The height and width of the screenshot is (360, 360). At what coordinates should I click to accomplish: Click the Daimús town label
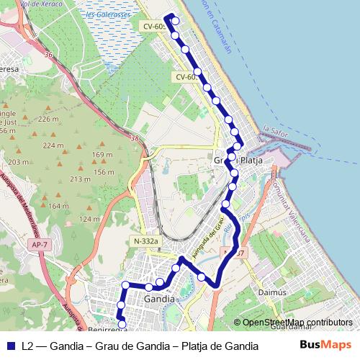click(273, 293)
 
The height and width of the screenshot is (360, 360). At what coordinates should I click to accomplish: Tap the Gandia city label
click(159, 299)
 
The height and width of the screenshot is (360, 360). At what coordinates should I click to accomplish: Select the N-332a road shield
click(145, 240)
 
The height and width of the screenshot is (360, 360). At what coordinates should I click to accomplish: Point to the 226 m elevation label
click(48, 119)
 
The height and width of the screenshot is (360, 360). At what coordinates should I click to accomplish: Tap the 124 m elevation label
click(89, 219)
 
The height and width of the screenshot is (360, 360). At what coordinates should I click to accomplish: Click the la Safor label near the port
click(276, 130)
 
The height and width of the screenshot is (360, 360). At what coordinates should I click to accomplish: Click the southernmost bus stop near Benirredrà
click(122, 325)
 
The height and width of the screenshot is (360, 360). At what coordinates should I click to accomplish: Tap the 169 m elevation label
click(103, 155)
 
